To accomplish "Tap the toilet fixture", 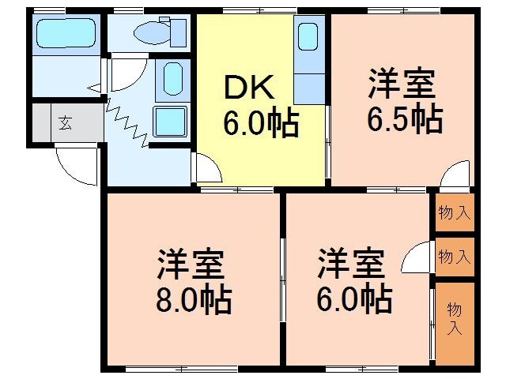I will (x=159, y=32).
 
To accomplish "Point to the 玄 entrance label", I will (x=64, y=122).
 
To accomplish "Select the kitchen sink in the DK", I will (x=308, y=37).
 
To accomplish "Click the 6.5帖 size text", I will (x=404, y=120).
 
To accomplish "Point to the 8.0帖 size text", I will (x=194, y=300).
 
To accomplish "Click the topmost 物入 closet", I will (x=455, y=212).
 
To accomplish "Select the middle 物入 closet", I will (x=455, y=257).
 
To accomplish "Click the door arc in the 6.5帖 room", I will (x=458, y=174).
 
